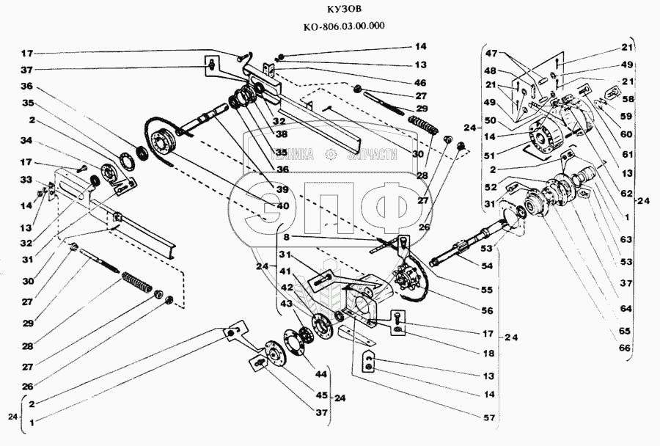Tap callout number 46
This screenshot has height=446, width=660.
click(419, 84)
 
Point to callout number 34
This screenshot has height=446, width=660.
click(26, 140)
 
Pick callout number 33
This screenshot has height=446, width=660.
click(26, 180)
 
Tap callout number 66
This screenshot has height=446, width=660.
click(624, 348)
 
